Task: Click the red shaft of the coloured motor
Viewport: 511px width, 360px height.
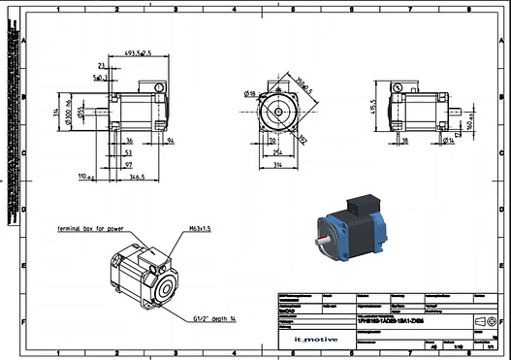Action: coord(322,238)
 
